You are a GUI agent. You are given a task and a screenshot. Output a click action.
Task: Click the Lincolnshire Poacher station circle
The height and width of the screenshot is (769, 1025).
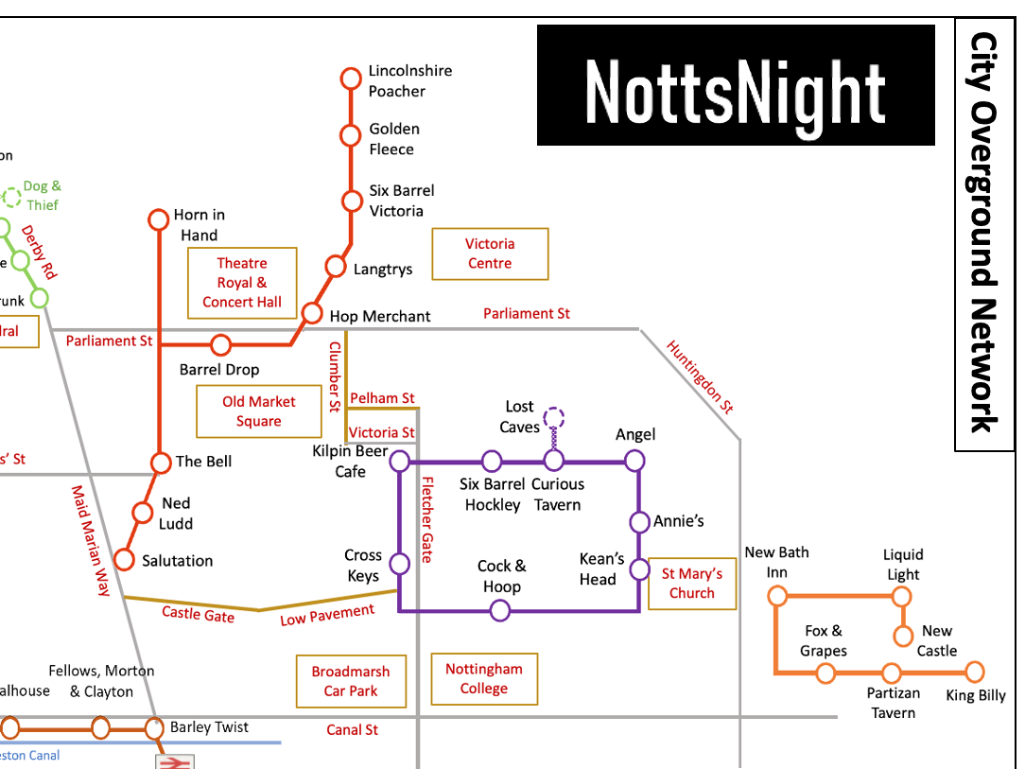pyautogui.click(x=351, y=78)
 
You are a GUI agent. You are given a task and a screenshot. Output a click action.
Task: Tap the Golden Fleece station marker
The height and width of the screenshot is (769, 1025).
pyautogui.click(x=351, y=136)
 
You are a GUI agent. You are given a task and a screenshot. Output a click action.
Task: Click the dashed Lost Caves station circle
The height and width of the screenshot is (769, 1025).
pyautogui.click(x=554, y=417)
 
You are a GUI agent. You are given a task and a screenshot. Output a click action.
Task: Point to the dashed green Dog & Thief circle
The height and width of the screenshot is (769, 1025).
pyautogui.click(x=11, y=198)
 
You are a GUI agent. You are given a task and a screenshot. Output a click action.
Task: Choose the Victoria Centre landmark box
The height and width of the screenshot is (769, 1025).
pyautogui.click(x=490, y=253)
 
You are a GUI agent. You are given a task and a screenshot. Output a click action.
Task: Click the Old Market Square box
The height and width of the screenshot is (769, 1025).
pyautogui.click(x=258, y=411)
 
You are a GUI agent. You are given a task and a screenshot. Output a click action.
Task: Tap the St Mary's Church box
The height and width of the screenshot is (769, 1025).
pyautogui.click(x=692, y=583)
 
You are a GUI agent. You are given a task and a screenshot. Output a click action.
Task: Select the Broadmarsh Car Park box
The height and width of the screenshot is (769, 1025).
pyautogui.click(x=351, y=681)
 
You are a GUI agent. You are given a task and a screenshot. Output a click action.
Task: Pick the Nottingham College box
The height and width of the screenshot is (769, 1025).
pyautogui.click(x=484, y=679)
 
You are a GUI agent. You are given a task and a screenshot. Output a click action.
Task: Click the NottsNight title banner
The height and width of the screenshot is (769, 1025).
pyautogui.click(x=736, y=85)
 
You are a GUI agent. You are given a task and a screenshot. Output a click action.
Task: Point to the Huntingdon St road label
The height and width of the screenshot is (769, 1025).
pyautogui.click(x=700, y=376)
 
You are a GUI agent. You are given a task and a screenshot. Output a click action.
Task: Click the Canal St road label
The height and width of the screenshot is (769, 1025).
pyautogui.click(x=353, y=730)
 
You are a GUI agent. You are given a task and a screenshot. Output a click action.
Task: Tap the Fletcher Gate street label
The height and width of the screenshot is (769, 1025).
pyautogui.click(x=426, y=518)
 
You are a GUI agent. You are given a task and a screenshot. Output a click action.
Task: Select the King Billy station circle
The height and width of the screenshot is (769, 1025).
pyautogui.click(x=975, y=673)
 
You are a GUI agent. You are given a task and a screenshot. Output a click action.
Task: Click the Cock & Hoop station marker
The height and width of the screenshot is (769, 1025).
pyautogui.click(x=500, y=611)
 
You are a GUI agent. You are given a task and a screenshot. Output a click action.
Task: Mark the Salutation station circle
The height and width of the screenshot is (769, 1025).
pyautogui.click(x=124, y=560)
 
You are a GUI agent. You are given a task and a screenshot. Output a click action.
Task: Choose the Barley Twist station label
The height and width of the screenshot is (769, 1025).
pyautogui.click(x=209, y=727)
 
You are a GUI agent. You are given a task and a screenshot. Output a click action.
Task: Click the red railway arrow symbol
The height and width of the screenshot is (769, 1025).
pyautogui.click(x=176, y=761)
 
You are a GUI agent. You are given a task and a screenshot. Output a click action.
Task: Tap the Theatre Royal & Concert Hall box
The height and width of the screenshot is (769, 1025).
pyautogui.click(x=242, y=283)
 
